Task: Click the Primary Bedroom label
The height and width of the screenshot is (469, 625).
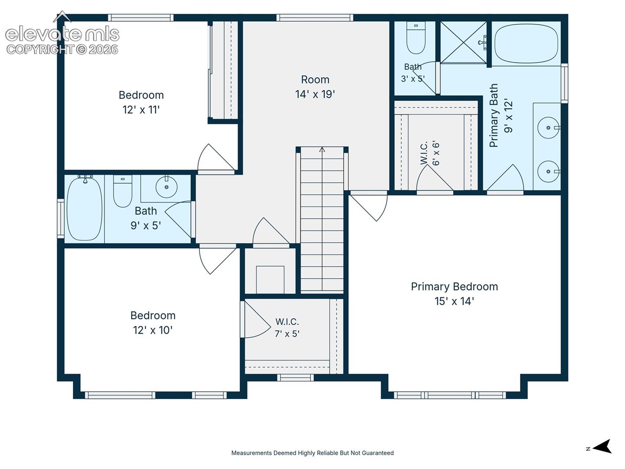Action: [x=454, y=294]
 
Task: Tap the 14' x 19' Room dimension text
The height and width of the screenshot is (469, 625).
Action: [x=315, y=94]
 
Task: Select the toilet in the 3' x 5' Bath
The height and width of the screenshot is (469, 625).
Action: [x=416, y=38]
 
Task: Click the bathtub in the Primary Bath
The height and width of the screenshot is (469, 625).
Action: [x=526, y=43]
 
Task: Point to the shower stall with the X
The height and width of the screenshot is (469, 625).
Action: [x=464, y=42]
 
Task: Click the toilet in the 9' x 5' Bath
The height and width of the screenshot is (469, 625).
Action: [x=123, y=191]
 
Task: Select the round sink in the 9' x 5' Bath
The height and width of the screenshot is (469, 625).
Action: [x=167, y=187]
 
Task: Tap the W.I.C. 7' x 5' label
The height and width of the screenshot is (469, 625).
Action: [x=287, y=328]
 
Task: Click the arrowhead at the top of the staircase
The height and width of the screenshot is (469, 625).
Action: [x=322, y=150]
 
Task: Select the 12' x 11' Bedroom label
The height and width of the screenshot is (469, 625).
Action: [x=141, y=102]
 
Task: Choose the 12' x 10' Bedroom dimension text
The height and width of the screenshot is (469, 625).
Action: [x=153, y=330]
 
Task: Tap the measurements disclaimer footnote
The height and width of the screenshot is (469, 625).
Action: [x=312, y=453]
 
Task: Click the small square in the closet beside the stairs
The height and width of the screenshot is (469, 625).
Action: [x=270, y=280]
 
